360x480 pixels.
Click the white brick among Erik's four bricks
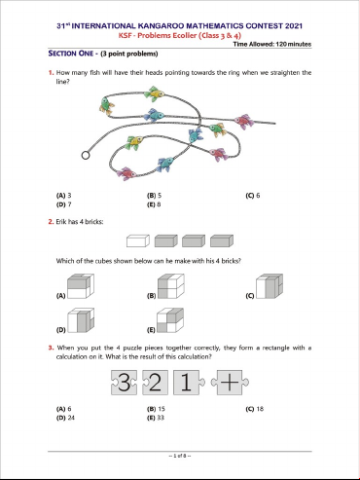click(138, 240)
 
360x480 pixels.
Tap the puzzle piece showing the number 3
click(124, 383)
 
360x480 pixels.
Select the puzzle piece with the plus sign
click(230, 383)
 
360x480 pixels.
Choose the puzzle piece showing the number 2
click(155, 383)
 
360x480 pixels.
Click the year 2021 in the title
click(294, 26)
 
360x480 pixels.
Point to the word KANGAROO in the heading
click(161, 26)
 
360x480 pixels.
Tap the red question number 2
click(51, 222)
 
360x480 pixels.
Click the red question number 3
click(51, 348)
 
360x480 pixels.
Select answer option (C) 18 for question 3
click(255, 409)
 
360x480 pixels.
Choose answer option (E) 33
click(156, 418)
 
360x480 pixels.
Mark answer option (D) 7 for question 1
click(64, 204)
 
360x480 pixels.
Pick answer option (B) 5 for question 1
click(154, 196)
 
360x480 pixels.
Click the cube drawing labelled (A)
click(81, 286)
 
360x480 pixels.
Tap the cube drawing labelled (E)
click(170, 320)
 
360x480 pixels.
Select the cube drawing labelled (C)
click(270, 286)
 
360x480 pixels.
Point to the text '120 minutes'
click(294, 44)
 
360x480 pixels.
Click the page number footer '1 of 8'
click(180, 456)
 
